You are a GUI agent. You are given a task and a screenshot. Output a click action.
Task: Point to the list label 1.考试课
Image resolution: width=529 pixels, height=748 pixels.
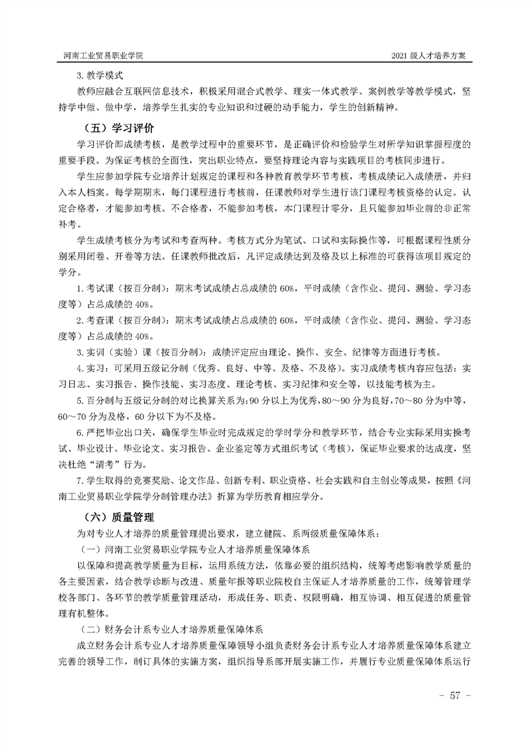point(95,287)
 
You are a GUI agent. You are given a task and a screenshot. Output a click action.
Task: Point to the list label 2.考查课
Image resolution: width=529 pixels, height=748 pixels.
point(95,320)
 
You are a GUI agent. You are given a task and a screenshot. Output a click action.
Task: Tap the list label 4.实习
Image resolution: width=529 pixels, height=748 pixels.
point(92,368)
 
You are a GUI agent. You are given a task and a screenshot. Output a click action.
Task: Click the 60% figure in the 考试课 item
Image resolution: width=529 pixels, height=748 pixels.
point(288,287)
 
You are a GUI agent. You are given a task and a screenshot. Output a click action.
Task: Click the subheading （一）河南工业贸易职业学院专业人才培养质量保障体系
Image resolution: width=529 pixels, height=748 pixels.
point(194,549)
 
